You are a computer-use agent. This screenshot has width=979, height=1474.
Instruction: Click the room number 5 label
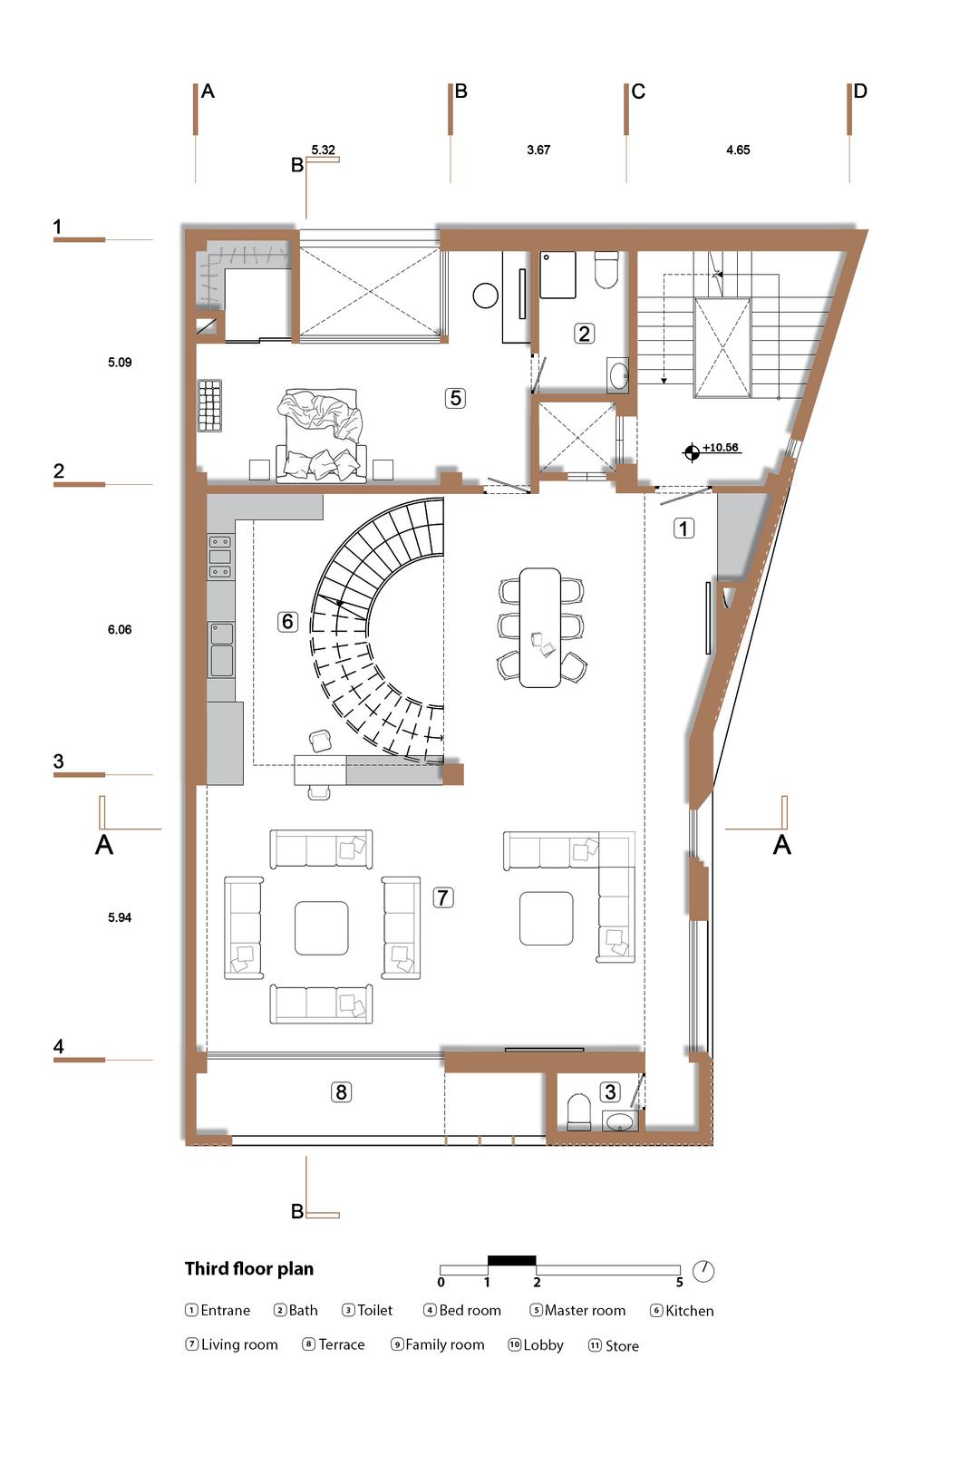pyautogui.click(x=455, y=398)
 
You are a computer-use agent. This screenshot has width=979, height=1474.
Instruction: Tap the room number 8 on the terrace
pyautogui.click(x=341, y=1092)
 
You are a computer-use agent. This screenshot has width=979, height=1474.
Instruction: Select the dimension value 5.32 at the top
pyautogui.click(x=323, y=150)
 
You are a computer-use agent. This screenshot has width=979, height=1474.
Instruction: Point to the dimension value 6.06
pyautogui.click(x=120, y=630)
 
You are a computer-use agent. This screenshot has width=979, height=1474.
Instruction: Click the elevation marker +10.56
pyautogui.click(x=720, y=448)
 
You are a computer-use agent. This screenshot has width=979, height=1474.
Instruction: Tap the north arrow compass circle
pyautogui.click(x=703, y=1271)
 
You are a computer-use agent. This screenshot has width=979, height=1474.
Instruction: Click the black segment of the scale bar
pyautogui.click(x=512, y=1261)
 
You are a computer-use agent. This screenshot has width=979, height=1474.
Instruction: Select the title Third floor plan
pyautogui.click(x=249, y=1269)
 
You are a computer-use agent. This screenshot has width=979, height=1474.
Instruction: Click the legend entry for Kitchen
pyautogui.click(x=682, y=1311)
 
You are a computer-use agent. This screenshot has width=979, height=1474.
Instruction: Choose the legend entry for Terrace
pyautogui.click(x=334, y=1344)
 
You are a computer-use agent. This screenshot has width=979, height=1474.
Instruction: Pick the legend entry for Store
pyautogui.click(x=614, y=1345)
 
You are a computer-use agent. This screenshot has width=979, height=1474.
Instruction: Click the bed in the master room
pyautogui.click(x=321, y=436)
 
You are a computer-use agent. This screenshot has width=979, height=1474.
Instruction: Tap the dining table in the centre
pyautogui.click(x=540, y=628)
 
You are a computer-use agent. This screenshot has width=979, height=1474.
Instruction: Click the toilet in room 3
pyautogui.click(x=579, y=1111)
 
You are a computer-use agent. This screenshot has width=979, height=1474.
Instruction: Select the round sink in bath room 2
pyautogui.click(x=618, y=376)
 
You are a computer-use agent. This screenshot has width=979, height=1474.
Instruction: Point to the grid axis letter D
pyautogui.click(x=860, y=91)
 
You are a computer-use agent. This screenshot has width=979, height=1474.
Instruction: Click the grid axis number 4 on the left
pyautogui.click(x=59, y=1046)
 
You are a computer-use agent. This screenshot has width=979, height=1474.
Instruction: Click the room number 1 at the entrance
pyautogui.click(x=683, y=529)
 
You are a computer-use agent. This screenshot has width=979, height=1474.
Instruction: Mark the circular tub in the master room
pyautogui.click(x=486, y=296)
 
